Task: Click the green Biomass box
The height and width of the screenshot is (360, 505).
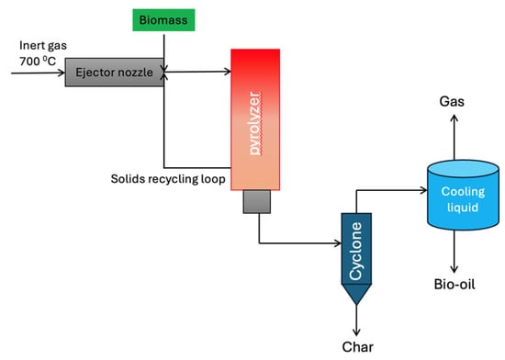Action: tap(163, 18)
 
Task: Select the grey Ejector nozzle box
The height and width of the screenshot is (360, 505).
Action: tap(113, 71)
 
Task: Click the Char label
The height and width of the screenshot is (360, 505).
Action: tap(358, 346)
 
